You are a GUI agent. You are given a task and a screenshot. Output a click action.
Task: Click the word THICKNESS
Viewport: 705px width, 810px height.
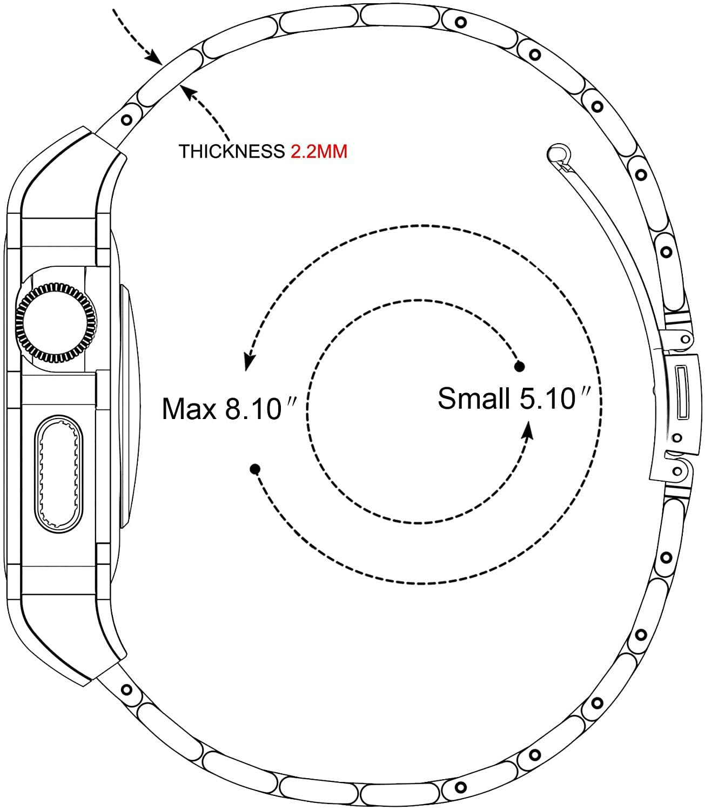[232, 151]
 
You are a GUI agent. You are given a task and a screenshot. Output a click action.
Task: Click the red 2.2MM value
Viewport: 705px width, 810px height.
[319, 151]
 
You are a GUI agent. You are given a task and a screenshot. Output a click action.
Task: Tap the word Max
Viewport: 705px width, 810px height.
[189, 409]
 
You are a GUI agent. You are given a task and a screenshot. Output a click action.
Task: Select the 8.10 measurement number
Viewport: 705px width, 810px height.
[253, 409]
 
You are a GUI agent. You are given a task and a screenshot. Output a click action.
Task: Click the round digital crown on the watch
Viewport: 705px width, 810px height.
[56, 323]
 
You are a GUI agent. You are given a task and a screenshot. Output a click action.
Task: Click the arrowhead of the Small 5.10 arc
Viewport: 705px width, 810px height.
[528, 430]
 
